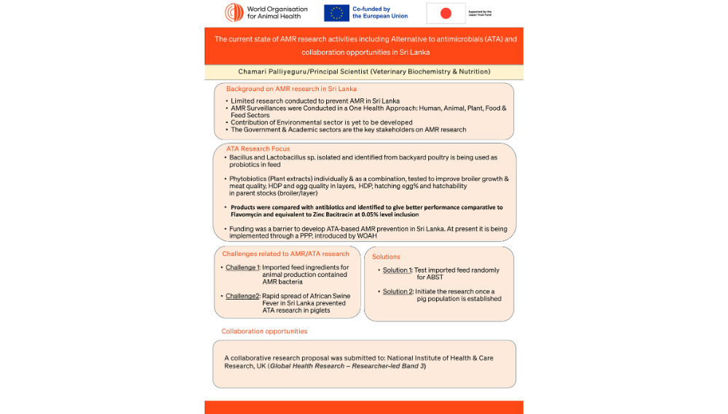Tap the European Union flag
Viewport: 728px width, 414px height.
coord(336,12)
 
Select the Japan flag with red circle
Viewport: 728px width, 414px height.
coord(446,13)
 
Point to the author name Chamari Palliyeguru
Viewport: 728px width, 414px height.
coord(274,71)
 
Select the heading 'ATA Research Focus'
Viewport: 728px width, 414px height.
coord(258,149)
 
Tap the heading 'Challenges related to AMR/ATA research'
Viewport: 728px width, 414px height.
coord(285,254)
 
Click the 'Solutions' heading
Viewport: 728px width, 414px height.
coord(386,257)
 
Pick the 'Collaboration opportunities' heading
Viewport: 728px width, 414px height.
coord(264,331)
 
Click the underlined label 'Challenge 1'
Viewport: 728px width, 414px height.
coord(242,267)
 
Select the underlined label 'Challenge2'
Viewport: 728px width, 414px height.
coord(242,296)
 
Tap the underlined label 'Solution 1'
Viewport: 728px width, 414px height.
coord(397,270)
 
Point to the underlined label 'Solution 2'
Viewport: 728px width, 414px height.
coord(397,292)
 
